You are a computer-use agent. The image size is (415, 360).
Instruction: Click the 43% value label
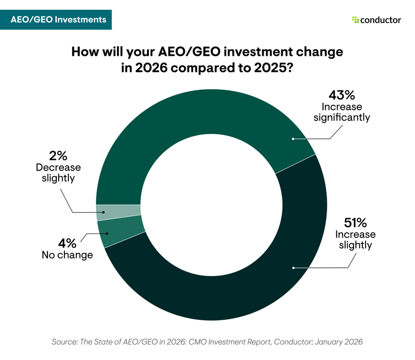344,94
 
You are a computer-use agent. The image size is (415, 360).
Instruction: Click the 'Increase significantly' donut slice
194,116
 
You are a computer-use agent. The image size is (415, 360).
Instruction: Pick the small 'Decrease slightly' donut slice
118,210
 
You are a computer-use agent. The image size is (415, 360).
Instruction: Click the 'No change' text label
67,255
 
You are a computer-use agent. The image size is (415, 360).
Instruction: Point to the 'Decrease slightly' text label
58,173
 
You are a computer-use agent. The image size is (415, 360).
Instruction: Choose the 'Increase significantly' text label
344,112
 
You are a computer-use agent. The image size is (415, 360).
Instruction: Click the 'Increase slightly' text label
355,240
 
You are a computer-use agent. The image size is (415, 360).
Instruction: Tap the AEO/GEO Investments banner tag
56,19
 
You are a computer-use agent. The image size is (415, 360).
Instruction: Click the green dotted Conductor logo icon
355,20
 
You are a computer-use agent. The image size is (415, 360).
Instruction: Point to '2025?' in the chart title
275,68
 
